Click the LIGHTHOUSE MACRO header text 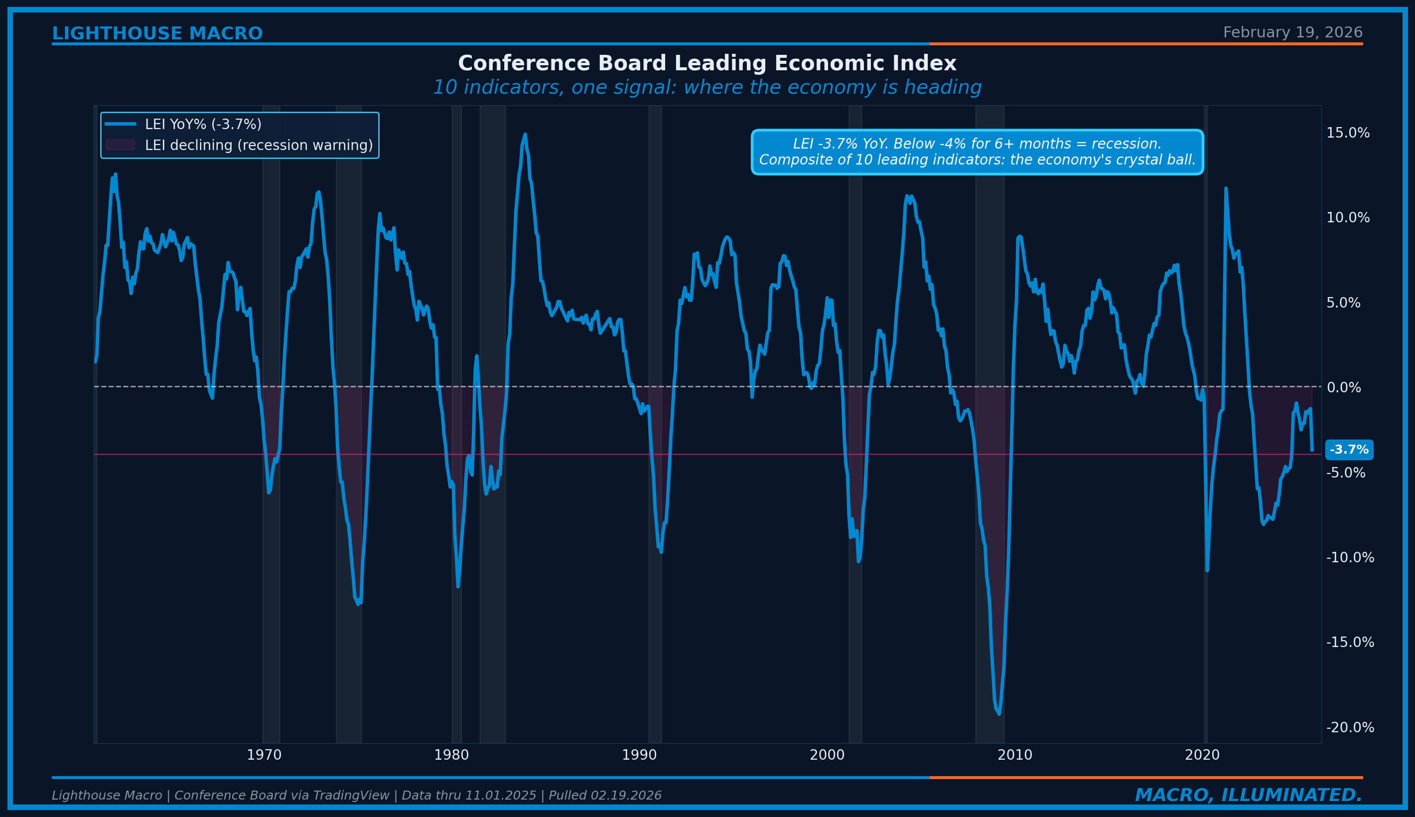pyautogui.click(x=157, y=34)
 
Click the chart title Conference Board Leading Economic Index pyautogui.click(x=707, y=63)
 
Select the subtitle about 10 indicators pyautogui.click(x=707, y=88)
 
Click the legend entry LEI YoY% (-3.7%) pyautogui.click(x=203, y=125)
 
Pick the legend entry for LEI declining pyautogui.click(x=259, y=146)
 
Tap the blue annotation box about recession pyautogui.click(x=977, y=152)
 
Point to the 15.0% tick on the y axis pyautogui.click(x=1347, y=133)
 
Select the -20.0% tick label pyautogui.click(x=1349, y=728)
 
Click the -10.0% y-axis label pyautogui.click(x=1349, y=558)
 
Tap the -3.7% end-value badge pyautogui.click(x=1349, y=450)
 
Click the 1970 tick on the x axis pyautogui.click(x=264, y=755)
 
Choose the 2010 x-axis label pyautogui.click(x=1014, y=755)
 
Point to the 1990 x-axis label pyautogui.click(x=639, y=755)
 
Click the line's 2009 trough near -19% pyautogui.click(x=999, y=713)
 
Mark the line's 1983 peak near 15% pyautogui.click(x=525, y=135)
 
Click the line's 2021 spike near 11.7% pyautogui.click(x=1226, y=188)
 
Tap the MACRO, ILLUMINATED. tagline pyautogui.click(x=1249, y=795)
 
